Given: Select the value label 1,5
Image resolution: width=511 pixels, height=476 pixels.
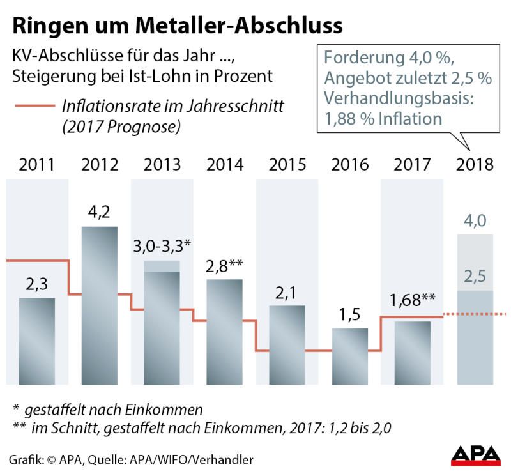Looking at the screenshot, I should [349, 315].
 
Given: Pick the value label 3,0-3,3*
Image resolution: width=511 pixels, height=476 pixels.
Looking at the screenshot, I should [163, 247].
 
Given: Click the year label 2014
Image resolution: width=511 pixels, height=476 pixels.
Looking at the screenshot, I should [225, 164].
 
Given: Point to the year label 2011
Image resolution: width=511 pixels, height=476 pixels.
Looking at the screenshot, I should [36, 164].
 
